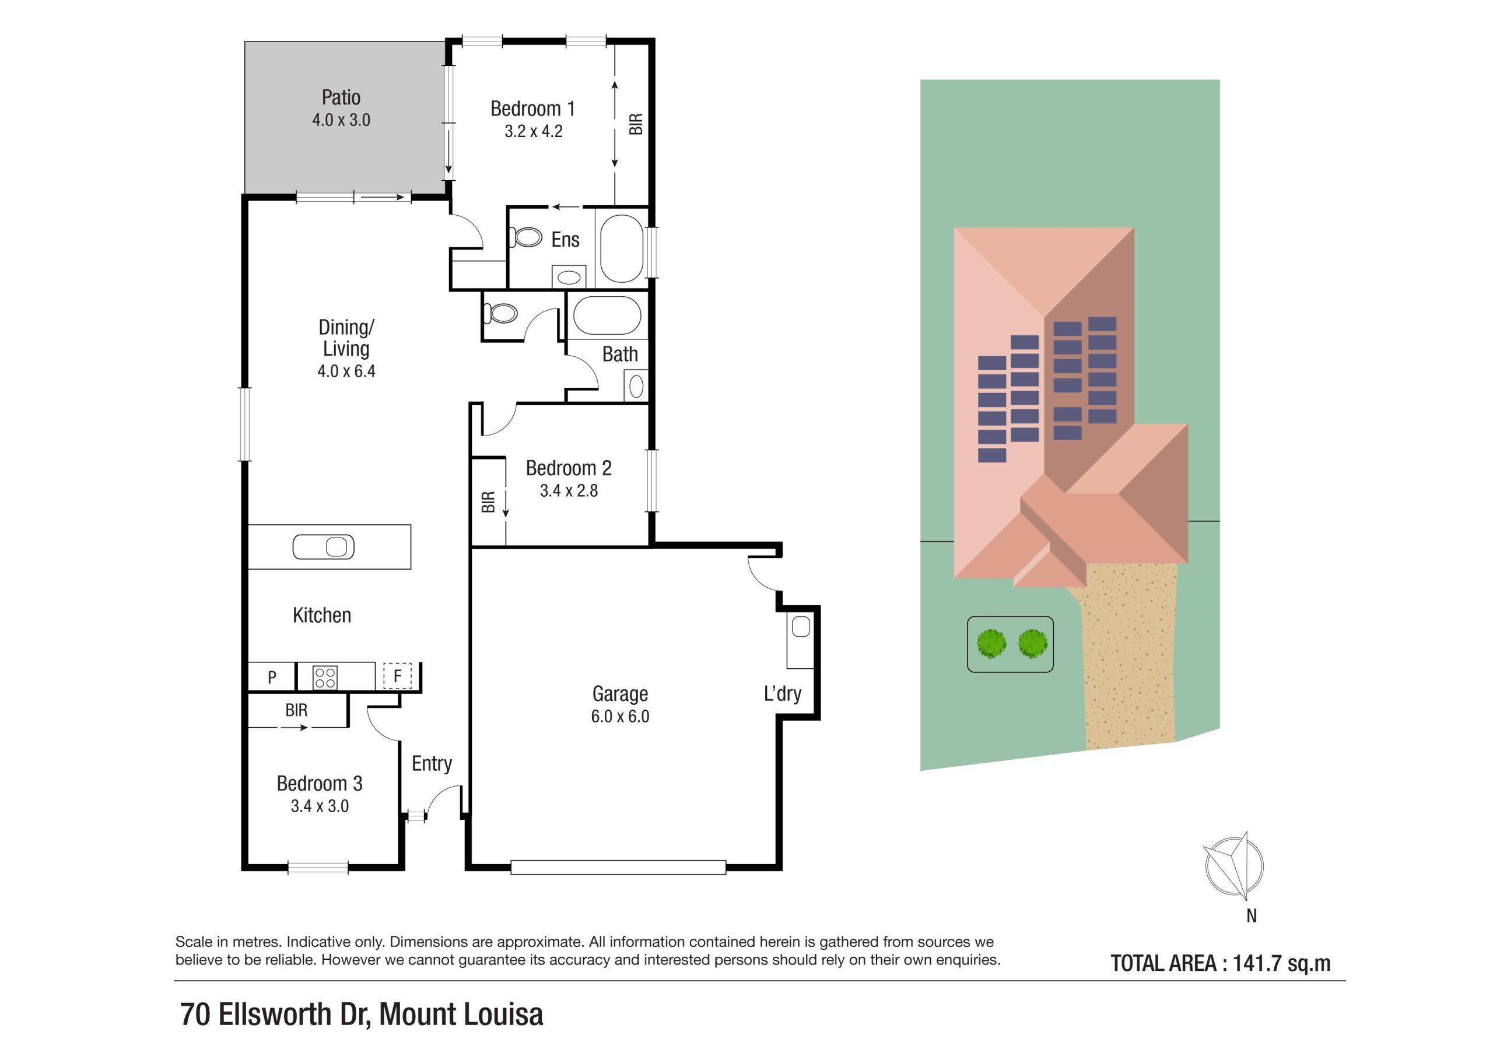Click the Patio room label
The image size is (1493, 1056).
pos(341,97)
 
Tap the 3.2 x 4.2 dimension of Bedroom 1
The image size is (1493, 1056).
pos(533,131)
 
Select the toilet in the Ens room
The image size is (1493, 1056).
pos(526,237)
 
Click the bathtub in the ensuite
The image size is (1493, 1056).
pos(622,248)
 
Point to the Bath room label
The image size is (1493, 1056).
pos(620,355)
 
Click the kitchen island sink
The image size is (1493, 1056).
pos(323,547)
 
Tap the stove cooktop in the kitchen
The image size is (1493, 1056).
pos(324,678)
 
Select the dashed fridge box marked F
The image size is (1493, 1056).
pos(397,676)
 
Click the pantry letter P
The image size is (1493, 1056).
pos(272,678)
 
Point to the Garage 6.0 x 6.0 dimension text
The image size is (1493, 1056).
pos(620,717)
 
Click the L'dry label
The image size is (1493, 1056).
pos(782,694)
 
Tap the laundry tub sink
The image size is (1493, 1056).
pos(801,627)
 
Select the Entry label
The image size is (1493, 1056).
pos(432,763)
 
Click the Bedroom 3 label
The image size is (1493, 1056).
pos(319,784)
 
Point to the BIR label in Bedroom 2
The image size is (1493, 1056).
pos(488,501)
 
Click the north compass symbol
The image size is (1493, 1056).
pos(1233,866)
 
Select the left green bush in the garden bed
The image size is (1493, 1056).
pos(991,643)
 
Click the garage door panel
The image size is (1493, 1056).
pos(618,866)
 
